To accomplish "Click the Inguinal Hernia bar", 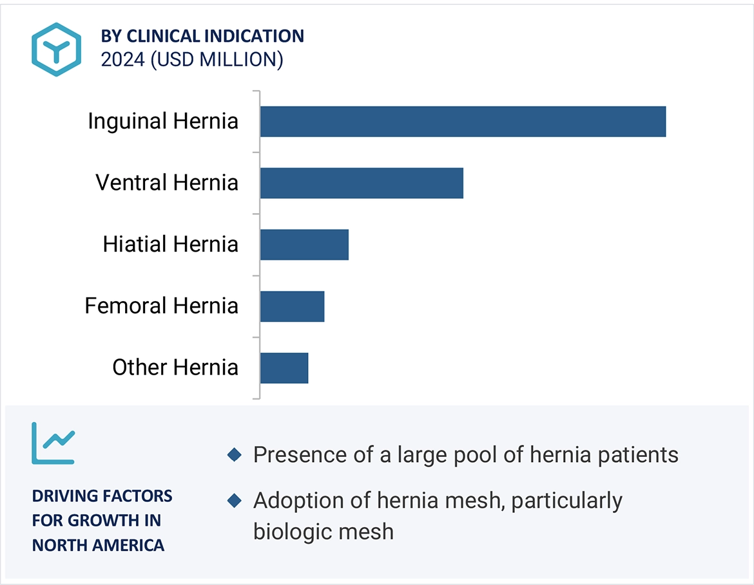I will [x=463, y=121].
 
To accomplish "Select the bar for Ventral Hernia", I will [x=362, y=183].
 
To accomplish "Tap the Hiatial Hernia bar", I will [x=304, y=245].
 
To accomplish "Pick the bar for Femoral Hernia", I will [x=292, y=306].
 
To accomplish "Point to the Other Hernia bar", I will [x=284, y=367].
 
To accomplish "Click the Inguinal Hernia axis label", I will [x=163, y=121].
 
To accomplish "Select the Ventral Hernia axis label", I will [x=167, y=183].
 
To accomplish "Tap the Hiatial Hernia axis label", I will [x=170, y=245].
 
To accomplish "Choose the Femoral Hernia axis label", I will [x=161, y=306].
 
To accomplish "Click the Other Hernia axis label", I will [x=175, y=367].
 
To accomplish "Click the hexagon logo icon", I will [x=57, y=49].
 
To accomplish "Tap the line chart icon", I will [x=53, y=443].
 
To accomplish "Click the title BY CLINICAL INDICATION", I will [x=202, y=36].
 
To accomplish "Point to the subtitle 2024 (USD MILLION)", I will [x=192, y=59].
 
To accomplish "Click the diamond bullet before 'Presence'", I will [x=235, y=456].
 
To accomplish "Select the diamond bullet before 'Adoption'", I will [x=235, y=501].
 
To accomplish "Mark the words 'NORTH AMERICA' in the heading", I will [x=98, y=546].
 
